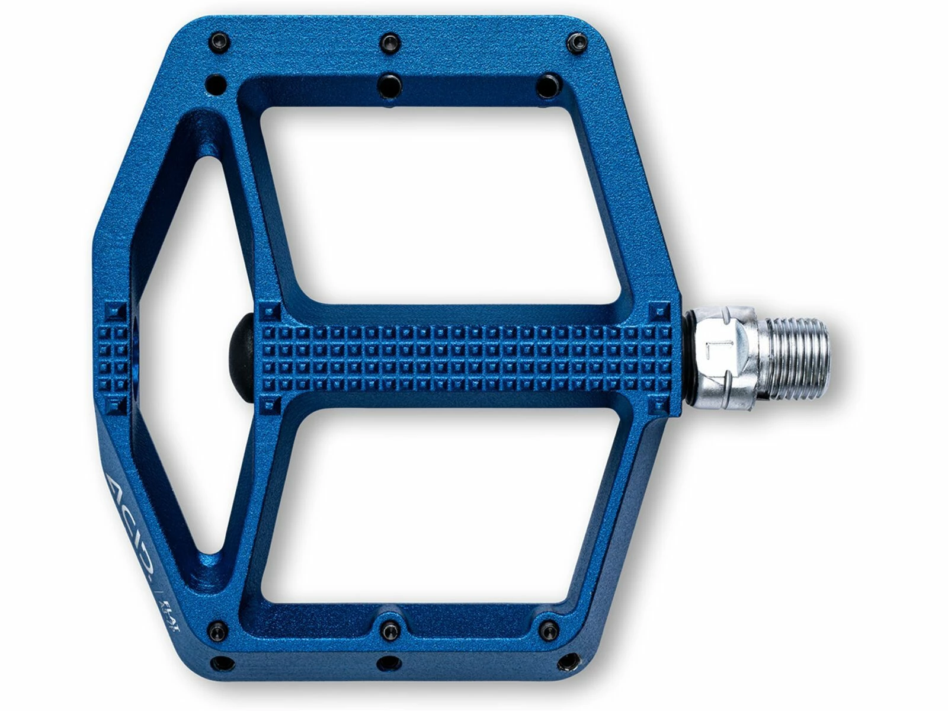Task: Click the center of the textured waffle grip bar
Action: [462, 358]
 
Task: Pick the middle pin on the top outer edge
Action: [389, 41]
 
